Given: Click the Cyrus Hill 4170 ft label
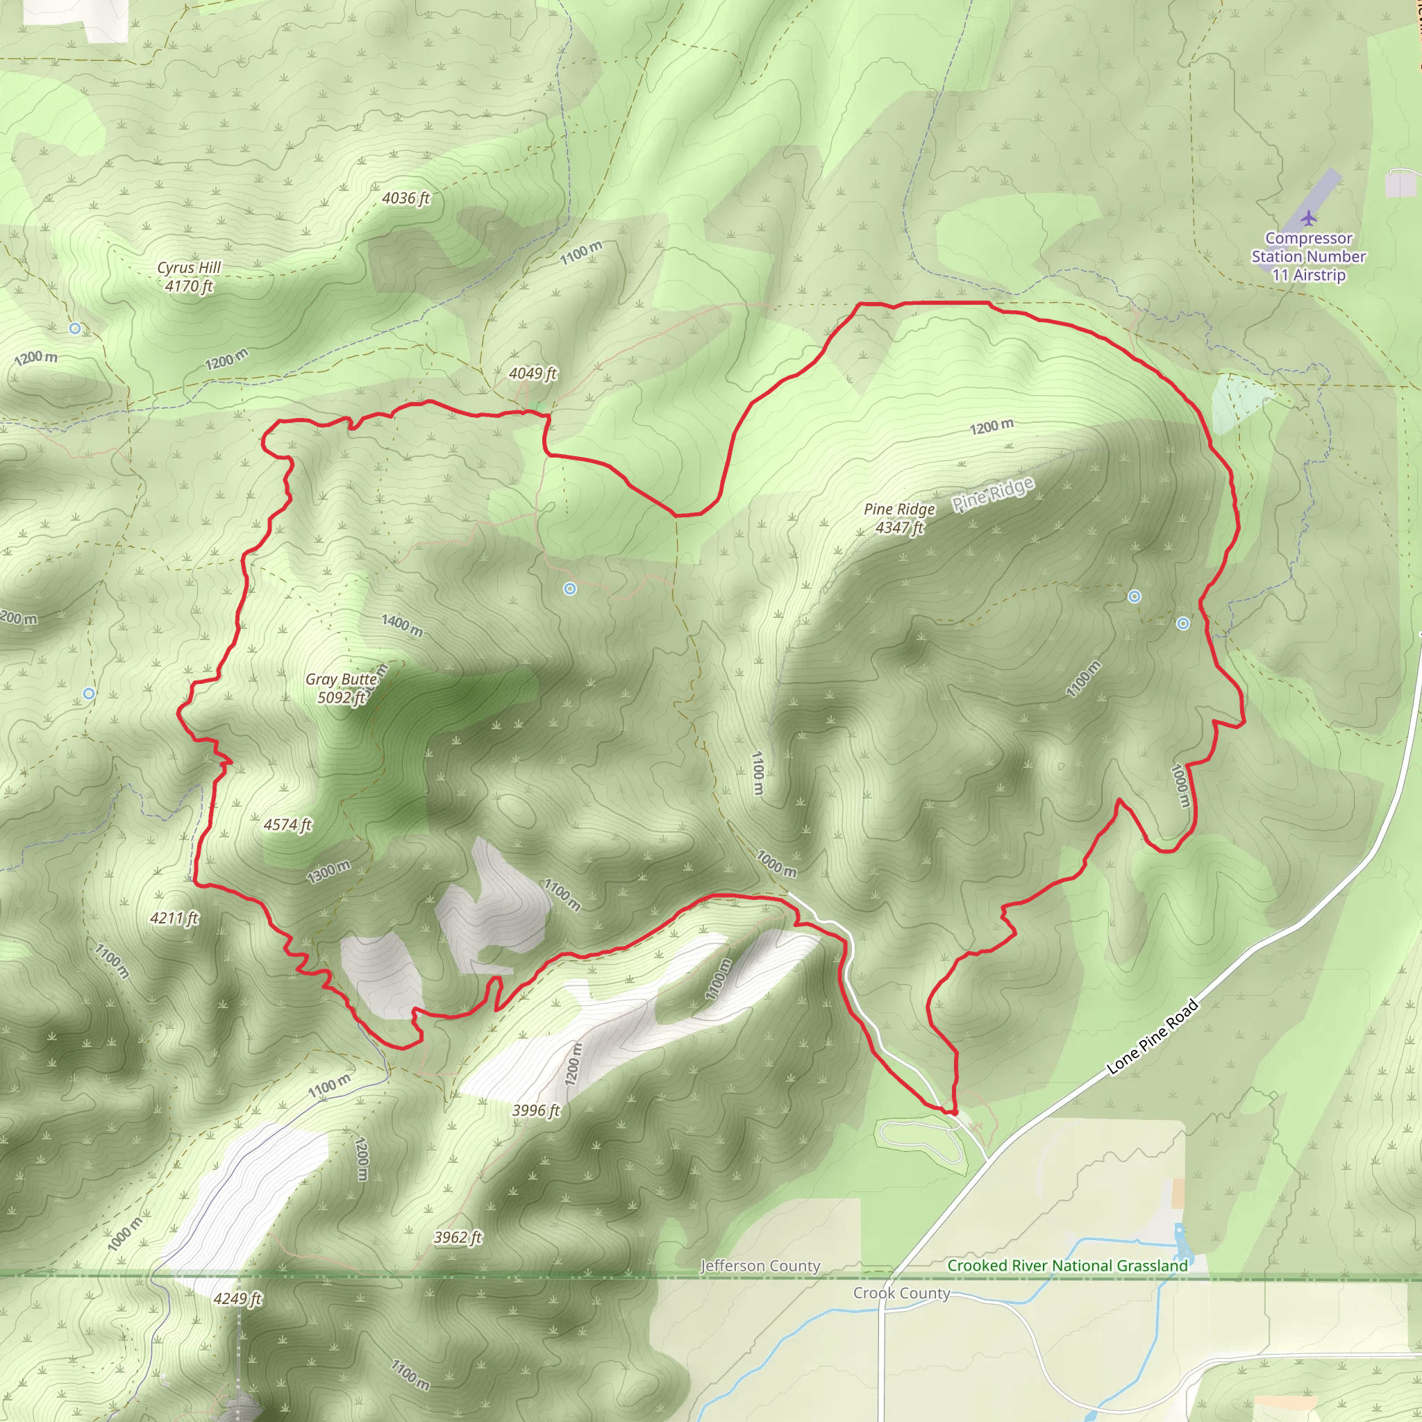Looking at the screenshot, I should (189, 277).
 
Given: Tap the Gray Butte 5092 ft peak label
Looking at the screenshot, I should (342, 688).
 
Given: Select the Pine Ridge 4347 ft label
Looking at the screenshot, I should (898, 518).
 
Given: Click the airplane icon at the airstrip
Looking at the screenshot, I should (1308, 218).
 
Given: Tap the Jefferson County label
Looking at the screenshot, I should (760, 1266).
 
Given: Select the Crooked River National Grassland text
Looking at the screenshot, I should (1067, 1265).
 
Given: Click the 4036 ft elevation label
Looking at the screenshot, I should (405, 198).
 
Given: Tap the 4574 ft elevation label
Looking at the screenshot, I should (287, 824).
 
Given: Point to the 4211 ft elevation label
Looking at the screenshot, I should (174, 918).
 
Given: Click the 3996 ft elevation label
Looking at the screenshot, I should (536, 1110).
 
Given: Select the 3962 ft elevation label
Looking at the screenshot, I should (457, 1237).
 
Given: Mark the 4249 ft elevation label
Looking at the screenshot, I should (237, 1298).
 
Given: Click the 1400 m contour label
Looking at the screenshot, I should (402, 625).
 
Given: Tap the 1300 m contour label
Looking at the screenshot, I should (328, 871).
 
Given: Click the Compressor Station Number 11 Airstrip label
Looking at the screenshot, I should (1308, 256).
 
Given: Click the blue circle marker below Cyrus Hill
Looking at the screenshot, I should (75, 328).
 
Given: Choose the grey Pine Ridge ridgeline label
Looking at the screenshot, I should (993, 493).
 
